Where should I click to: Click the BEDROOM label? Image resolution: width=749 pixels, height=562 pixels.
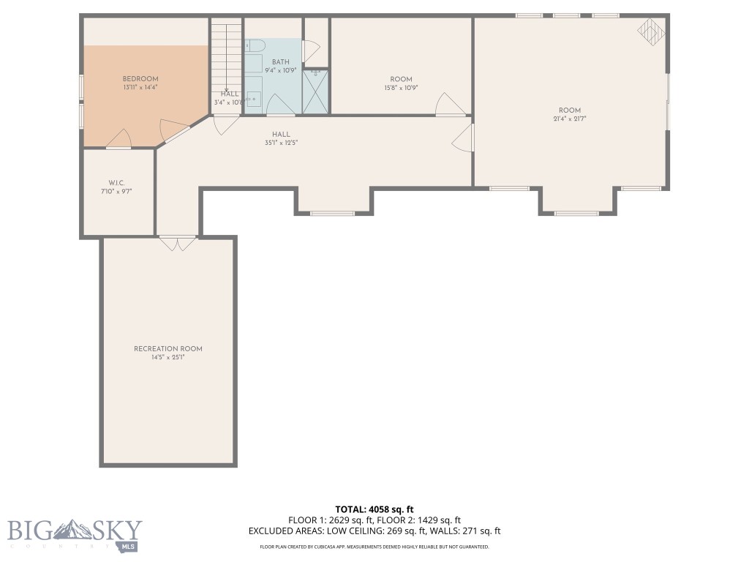(x=140, y=79)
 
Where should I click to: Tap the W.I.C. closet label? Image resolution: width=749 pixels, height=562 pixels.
(x=117, y=182)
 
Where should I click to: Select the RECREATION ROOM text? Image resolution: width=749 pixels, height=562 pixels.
(x=168, y=349)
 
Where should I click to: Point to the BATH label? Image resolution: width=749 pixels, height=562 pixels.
(x=280, y=62)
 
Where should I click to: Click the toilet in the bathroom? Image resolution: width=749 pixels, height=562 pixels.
(x=254, y=45)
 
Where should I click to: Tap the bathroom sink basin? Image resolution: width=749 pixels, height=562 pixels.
(x=253, y=97)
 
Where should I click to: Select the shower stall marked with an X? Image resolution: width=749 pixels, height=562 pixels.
(x=316, y=91)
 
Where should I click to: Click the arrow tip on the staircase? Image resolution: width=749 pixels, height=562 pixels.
(x=226, y=89)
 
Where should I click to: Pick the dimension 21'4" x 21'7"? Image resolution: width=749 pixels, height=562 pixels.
(x=570, y=119)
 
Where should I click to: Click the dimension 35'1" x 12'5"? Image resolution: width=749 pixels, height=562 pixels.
(x=281, y=143)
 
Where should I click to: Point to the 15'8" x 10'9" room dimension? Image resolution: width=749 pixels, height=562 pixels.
(x=401, y=88)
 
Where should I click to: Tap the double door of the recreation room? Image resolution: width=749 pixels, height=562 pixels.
(x=178, y=244)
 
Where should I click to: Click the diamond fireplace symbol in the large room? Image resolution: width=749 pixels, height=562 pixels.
(x=650, y=31)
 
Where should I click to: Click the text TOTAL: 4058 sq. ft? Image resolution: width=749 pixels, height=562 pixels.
(x=374, y=509)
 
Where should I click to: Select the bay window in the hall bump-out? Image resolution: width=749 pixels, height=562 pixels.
(x=332, y=213)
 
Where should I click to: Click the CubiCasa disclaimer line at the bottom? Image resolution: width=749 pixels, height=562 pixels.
(x=374, y=547)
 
